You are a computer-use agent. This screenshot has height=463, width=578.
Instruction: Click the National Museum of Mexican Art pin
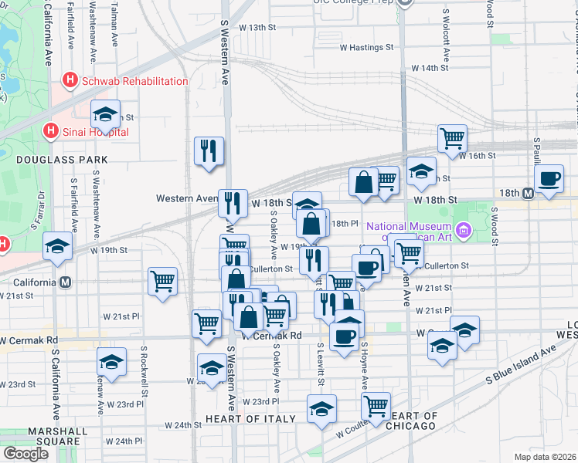point(464,229)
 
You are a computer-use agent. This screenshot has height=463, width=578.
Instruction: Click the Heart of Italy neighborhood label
point(250,419)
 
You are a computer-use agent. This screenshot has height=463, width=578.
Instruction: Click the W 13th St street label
point(257,27)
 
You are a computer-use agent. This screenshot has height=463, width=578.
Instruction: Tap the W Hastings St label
point(366,48)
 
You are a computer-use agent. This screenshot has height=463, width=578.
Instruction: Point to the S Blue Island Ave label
point(521,366)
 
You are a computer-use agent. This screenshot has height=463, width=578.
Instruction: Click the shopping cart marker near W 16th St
point(452,138)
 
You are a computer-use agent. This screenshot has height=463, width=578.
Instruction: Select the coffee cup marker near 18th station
point(549,178)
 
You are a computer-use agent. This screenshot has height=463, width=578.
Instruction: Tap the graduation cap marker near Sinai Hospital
point(106,115)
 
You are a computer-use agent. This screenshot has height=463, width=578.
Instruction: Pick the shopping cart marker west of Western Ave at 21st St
point(162,281)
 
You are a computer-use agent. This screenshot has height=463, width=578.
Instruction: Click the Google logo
point(25,454)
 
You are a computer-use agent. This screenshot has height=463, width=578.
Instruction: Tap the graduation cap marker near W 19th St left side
point(58,246)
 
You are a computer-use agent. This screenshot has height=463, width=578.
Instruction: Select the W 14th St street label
point(430,68)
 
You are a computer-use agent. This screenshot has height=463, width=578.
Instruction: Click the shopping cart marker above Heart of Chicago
point(376,406)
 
